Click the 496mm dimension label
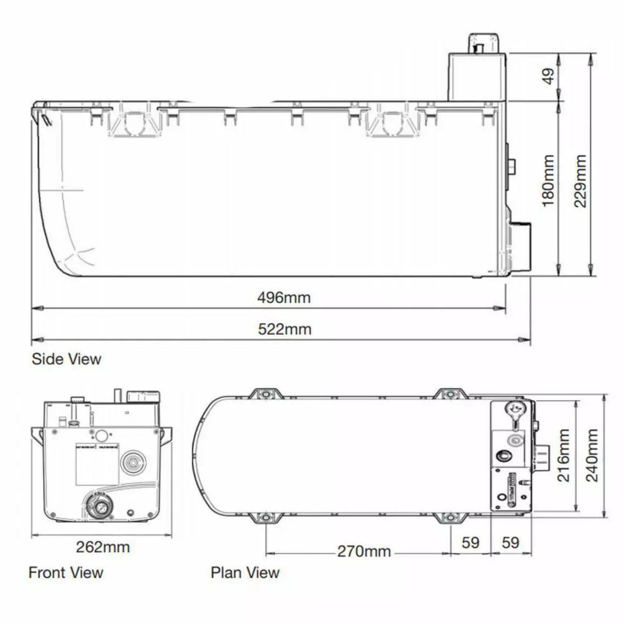[x=284, y=297]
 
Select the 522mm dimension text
[x=284, y=329]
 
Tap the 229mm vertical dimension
[x=580, y=180]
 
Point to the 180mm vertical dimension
[x=548, y=180]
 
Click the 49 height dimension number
[x=549, y=77]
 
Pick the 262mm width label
[x=103, y=546]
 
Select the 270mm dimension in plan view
[x=364, y=552]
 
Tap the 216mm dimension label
[x=563, y=455]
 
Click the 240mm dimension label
[x=592, y=455]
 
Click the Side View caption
[x=66, y=359]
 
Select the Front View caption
[x=66, y=572]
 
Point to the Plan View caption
[x=245, y=572]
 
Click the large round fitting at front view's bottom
[x=98, y=506]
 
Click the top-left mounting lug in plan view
[x=265, y=395]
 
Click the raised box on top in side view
[x=476, y=75]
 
